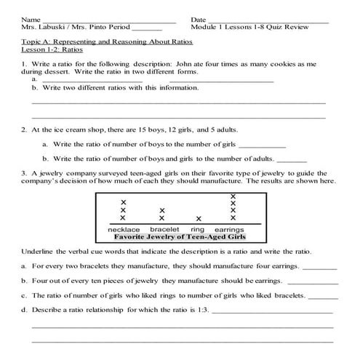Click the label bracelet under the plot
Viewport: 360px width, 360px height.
pyautogui.click(x=164, y=229)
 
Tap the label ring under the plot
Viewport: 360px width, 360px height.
pyautogui.click(x=198, y=229)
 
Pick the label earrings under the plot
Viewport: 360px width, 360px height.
pyautogui.click(x=231, y=229)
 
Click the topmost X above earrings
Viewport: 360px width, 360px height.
pyautogui.click(x=233, y=196)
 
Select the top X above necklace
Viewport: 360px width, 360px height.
pyautogui.click(x=123, y=202)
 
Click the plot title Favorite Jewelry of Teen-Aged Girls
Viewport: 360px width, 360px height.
pyautogui.click(x=178, y=237)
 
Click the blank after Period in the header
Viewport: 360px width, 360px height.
pyautogui.click(x=148, y=28)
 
